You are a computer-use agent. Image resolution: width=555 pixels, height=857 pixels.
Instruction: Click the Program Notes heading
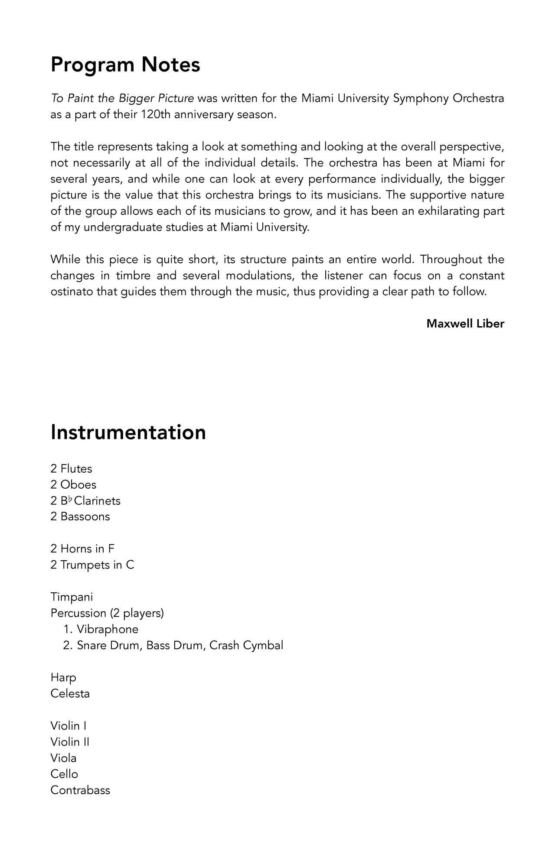(125, 65)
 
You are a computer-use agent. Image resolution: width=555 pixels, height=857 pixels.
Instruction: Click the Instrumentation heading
(128, 432)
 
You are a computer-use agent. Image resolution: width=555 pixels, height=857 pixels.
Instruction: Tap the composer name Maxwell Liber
(465, 324)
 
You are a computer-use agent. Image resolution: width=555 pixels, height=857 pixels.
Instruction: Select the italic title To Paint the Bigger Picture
(122, 98)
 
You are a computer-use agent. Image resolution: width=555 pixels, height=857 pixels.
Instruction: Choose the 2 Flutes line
(71, 469)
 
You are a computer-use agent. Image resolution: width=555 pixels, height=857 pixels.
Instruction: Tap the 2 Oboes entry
(73, 485)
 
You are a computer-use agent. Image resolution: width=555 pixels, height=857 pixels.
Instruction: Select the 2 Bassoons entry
(80, 516)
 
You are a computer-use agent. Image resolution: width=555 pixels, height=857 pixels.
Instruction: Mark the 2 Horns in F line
(82, 549)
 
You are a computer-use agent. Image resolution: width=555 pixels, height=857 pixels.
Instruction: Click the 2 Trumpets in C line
(92, 565)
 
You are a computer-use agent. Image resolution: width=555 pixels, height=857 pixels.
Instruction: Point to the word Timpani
(72, 597)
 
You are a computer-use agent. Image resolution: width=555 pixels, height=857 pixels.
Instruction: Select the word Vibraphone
(108, 629)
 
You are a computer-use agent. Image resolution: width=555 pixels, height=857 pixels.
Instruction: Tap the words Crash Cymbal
(246, 646)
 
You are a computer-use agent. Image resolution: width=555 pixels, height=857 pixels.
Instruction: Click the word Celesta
(70, 694)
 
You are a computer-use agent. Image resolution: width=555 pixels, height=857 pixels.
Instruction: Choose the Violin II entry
(69, 742)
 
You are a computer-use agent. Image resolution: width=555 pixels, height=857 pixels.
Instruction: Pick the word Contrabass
(80, 790)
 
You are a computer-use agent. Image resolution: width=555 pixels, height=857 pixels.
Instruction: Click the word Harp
(63, 678)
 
